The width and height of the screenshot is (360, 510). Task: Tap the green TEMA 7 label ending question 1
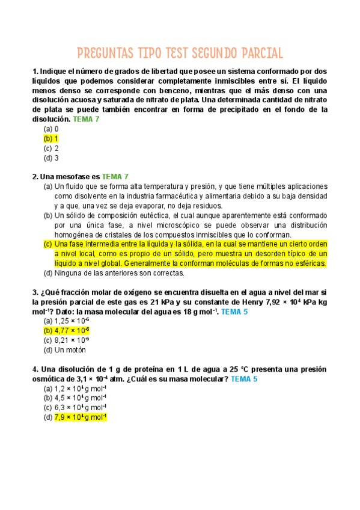click(86, 119)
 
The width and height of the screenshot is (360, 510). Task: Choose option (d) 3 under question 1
click(51, 158)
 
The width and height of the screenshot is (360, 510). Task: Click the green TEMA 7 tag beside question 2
click(115, 177)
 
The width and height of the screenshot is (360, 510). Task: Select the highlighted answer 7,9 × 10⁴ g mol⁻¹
click(80, 417)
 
